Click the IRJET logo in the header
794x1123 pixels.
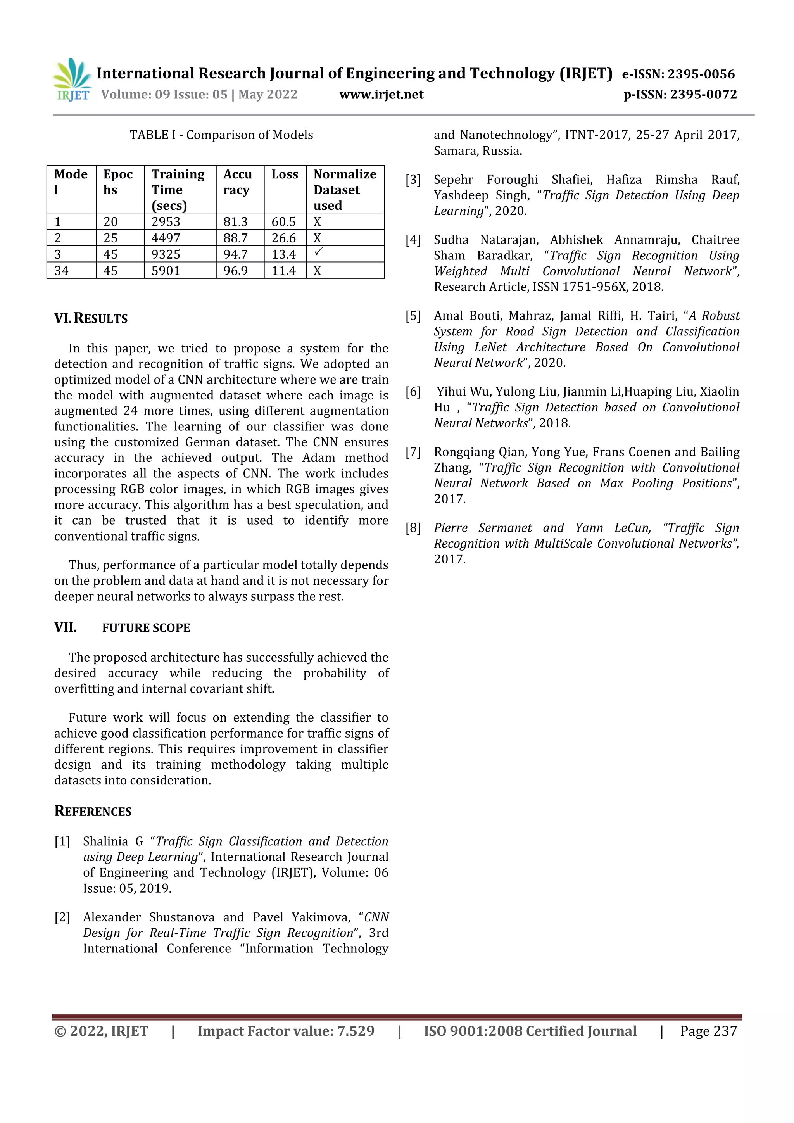pyautogui.click(x=72, y=80)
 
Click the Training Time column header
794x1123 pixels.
pyautogui.click(x=178, y=189)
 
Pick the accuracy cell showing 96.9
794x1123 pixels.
pyautogui.click(x=236, y=271)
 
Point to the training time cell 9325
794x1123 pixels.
pyautogui.click(x=166, y=254)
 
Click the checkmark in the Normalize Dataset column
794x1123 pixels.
pyautogui.click(x=318, y=252)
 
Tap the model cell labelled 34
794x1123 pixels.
pyautogui.click(x=62, y=271)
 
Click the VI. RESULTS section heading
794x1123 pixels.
pyautogui.click(x=91, y=318)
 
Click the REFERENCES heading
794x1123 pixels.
pyautogui.click(x=93, y=812)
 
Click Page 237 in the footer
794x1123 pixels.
pyautogui.click(x=708, y=1031)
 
